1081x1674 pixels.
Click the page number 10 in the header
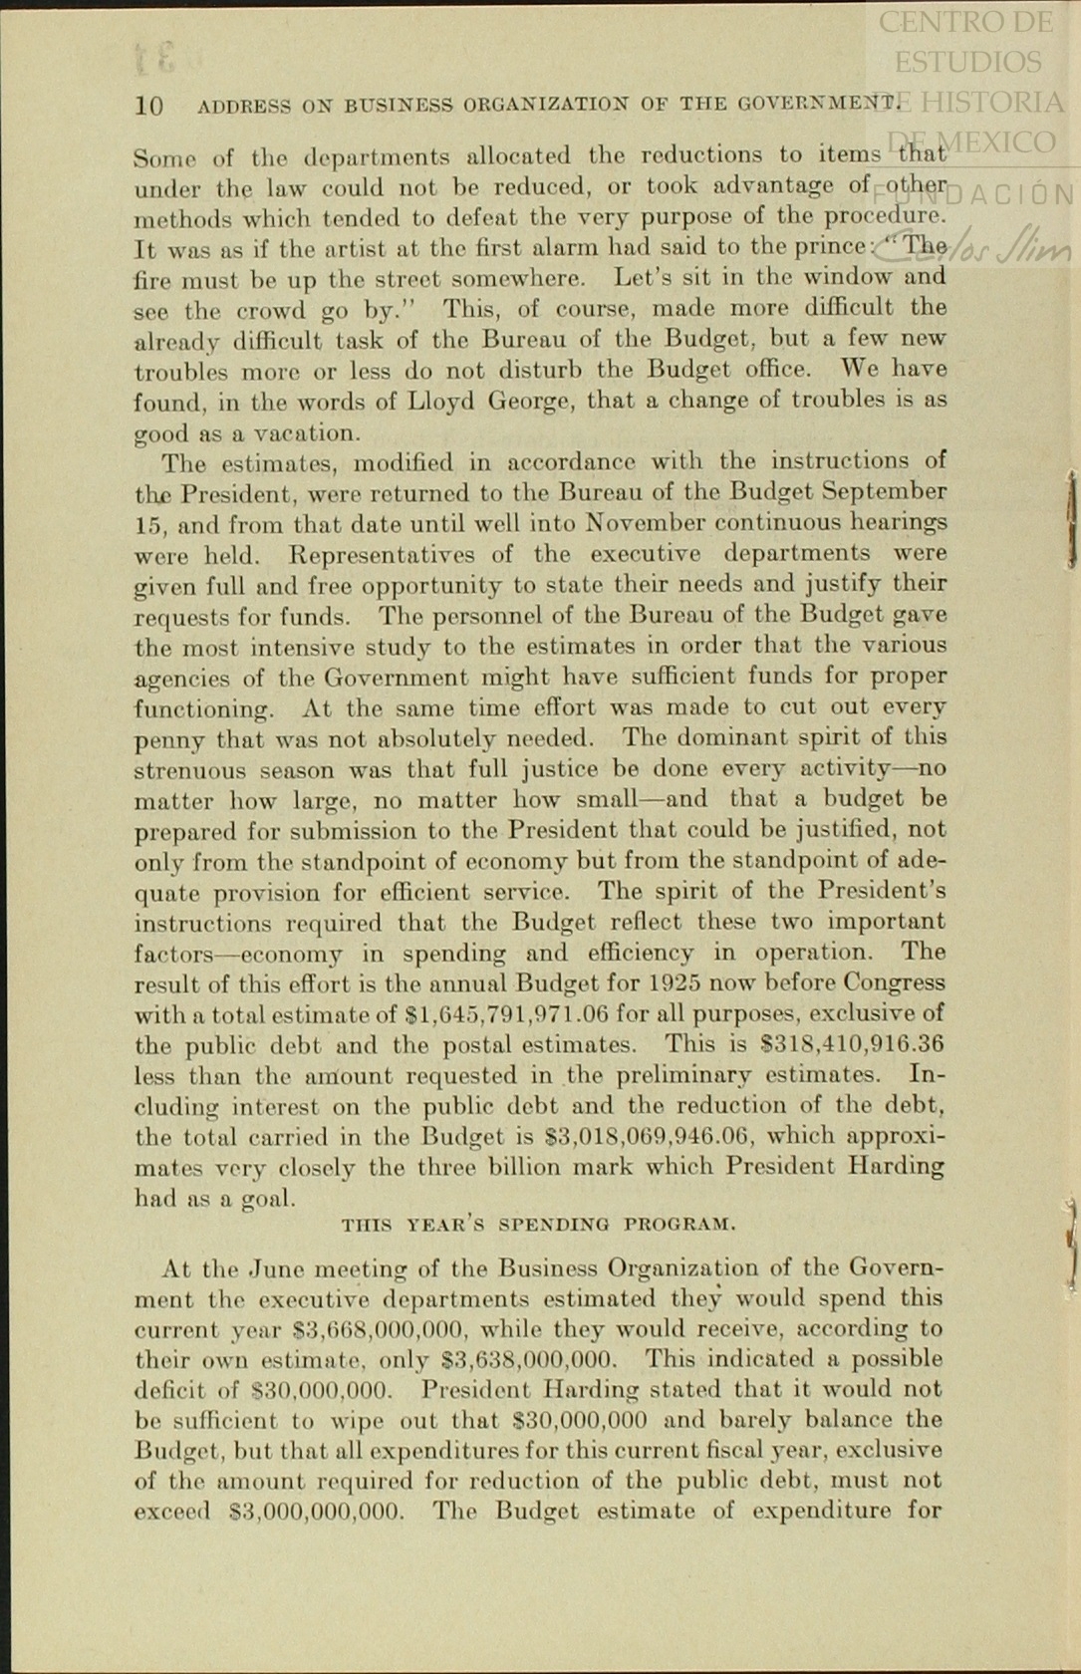point(148,106)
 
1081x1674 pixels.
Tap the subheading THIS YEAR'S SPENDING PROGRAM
point(538,1224)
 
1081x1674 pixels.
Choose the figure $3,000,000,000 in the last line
point(316,1512)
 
